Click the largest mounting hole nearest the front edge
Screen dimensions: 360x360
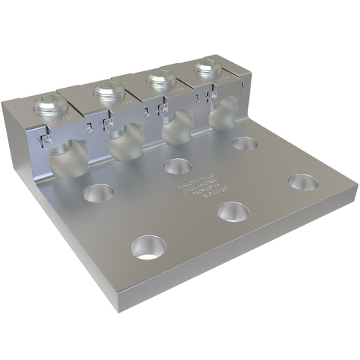point(148,246)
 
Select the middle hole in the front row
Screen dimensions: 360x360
point(233,211)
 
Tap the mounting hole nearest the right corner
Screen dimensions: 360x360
point(302,182)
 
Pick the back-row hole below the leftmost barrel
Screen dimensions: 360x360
point(98,194)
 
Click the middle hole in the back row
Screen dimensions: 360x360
point(178,165)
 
